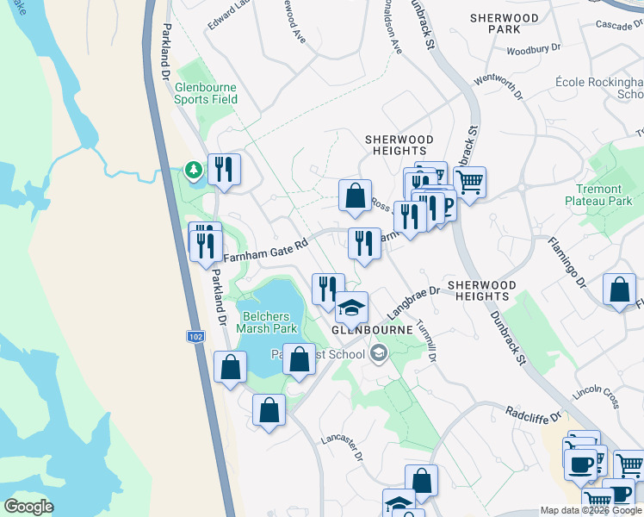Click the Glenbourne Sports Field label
point(206,93)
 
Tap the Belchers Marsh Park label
point(269,322)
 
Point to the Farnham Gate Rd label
point(265,251)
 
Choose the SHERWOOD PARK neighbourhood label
point(505,23)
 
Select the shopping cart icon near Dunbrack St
point(469,181)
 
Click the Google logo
point(28,507)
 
